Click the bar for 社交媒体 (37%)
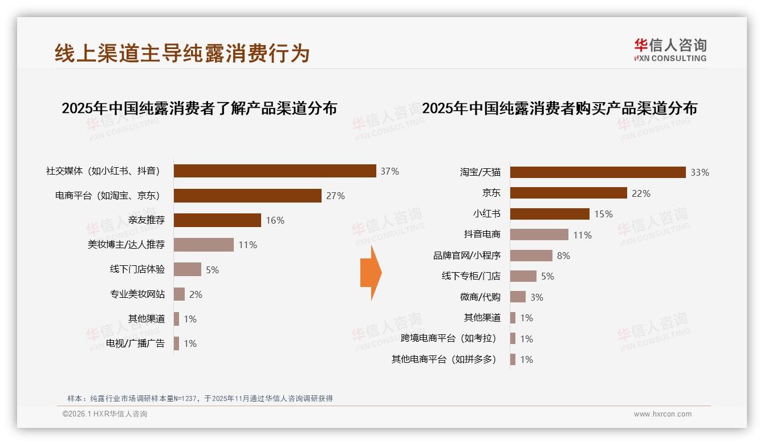click(275, 171)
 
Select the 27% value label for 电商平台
click(335, 196)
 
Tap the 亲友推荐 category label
click(146, 220)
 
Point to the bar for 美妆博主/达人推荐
click(204, 245)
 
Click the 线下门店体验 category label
click(137, 269)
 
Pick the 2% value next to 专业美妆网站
click(196, 294)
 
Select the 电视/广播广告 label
click(135, 343)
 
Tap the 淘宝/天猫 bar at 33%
click(598, 172)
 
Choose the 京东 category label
click(491, 193)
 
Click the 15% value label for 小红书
click(603, 214)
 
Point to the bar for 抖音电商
click(539, 234)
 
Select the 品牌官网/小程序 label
click(466, 256)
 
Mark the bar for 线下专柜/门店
click(523, 276)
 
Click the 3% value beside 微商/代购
click(536, 297)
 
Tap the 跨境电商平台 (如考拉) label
click(448, 338)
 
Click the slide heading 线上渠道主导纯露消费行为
click(182, 53)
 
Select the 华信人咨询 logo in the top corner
click(670, 50)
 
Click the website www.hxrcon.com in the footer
click(662, 414)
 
